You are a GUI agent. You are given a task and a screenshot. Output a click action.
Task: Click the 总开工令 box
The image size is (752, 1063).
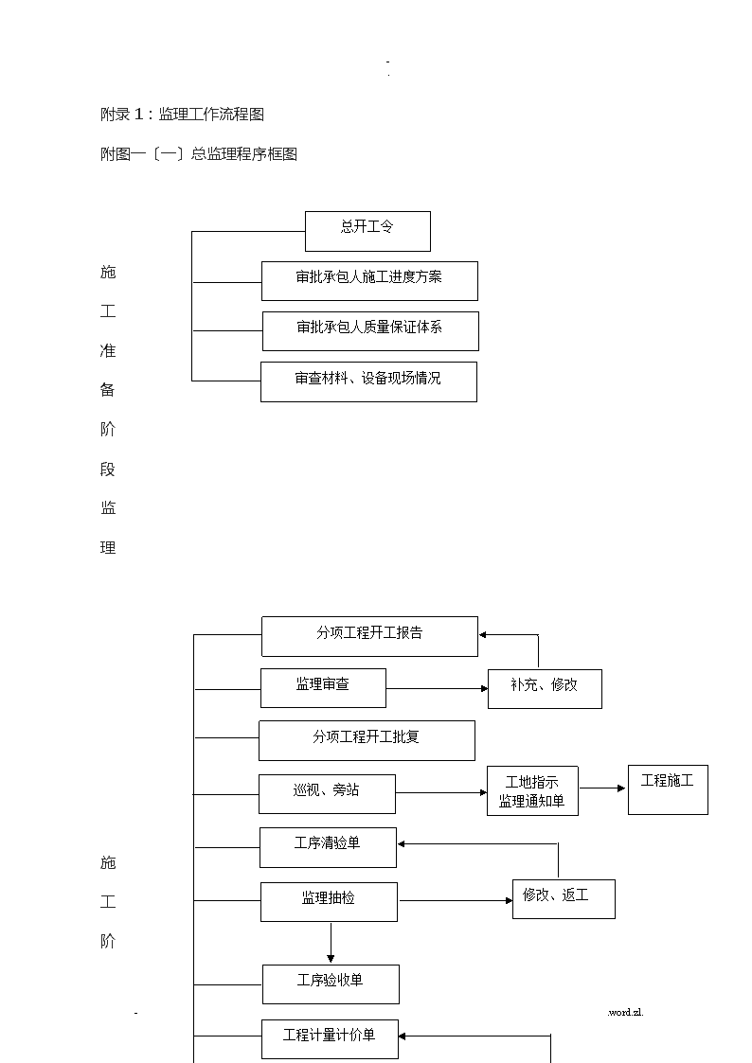367,231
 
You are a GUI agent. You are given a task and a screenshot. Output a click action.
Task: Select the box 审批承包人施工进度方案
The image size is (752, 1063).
369,281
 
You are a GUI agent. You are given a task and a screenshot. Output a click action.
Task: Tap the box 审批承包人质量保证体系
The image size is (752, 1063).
370,331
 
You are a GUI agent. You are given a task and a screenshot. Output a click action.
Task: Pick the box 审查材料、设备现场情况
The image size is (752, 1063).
368,381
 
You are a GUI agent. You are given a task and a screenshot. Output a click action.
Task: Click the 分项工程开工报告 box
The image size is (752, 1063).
369,637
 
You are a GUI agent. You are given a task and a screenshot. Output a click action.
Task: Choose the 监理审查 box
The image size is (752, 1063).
324,688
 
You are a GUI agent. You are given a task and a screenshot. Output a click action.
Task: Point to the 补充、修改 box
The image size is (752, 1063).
546,689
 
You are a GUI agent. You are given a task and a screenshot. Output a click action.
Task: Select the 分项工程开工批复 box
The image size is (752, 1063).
367,740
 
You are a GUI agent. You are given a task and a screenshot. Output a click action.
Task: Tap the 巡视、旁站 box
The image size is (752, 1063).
327,794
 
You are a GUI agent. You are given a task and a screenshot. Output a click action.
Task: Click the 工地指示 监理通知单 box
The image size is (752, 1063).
532,791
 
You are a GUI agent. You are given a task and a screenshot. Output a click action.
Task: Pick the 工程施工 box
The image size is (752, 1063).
668,789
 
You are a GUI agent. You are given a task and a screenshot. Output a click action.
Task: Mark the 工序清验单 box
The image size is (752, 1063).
329,847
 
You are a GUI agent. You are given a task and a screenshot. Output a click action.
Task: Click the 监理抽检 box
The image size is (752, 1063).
329,902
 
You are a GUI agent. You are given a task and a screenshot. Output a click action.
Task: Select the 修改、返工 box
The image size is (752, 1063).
564,899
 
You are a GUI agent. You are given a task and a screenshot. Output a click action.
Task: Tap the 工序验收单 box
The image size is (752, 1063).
331,984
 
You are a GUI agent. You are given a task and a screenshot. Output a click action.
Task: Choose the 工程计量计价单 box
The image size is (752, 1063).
331,1039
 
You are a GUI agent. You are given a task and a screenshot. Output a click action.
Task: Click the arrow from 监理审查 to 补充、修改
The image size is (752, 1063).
438,689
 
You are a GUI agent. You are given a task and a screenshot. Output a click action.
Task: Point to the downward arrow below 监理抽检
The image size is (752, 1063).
331,943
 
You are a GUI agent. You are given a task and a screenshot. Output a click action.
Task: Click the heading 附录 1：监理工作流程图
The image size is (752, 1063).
182,114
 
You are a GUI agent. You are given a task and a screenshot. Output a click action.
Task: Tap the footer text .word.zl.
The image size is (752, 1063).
625,1012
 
